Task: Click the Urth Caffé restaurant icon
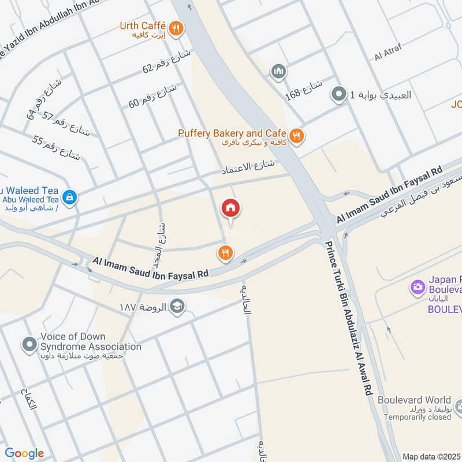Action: tap(177, 27)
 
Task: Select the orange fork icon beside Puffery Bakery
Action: tap(296, 136)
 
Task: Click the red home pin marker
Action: tap(230, 208)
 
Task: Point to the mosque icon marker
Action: tap(279, 72)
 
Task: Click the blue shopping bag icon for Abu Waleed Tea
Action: tap(69, 198)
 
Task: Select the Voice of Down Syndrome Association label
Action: tap(91, 342)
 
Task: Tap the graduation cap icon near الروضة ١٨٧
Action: tap(177, 306)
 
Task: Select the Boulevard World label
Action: tap(414, 400)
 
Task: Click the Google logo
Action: tap(24, 453)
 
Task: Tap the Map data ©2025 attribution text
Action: tap(430, 456)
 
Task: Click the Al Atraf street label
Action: tap(386, 56)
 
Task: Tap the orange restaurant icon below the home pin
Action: tap(225, 252)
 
